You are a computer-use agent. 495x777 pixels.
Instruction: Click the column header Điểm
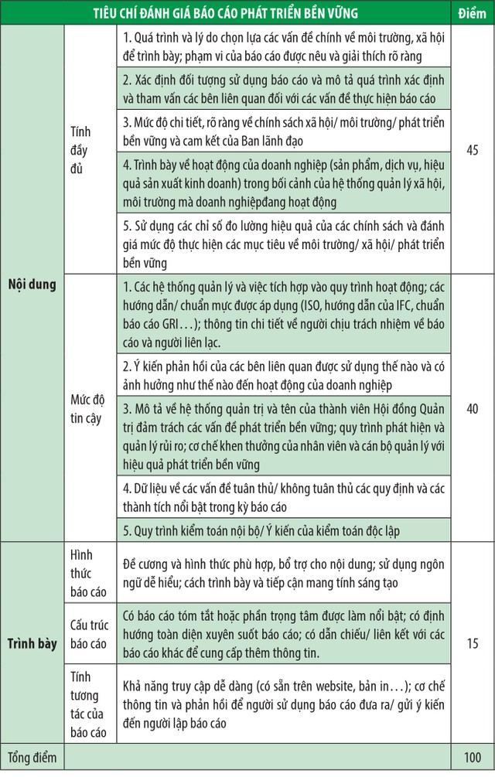click(x=472, y=13)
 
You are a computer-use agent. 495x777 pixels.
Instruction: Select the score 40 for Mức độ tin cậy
click(x=473, y=406)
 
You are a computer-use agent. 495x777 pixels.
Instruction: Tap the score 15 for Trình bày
click(x=473, y=642)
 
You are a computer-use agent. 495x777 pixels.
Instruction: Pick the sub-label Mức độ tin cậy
click(x=87, y=406)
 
